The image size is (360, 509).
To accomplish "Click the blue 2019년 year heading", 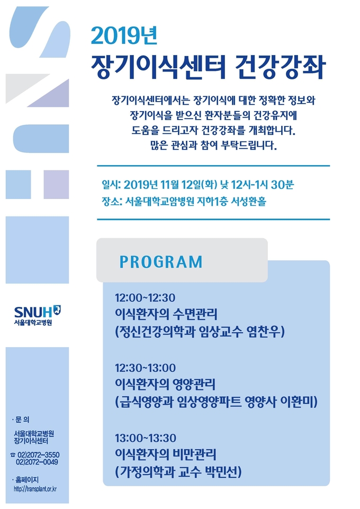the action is click(124, 35).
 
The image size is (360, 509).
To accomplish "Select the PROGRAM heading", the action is click(161, 261).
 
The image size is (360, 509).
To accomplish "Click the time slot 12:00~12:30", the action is click(145, 297).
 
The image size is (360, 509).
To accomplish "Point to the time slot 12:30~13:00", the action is click(145, 368).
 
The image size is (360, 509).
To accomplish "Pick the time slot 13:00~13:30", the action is click(146, 438).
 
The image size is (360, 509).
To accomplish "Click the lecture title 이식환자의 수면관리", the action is click(166, 314).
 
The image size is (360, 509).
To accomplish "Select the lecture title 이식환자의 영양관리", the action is click(165, 384).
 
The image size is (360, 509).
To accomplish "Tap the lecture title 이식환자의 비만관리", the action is click(166, 455).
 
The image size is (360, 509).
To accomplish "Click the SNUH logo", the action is click(38, 315).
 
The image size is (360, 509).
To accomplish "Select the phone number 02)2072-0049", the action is click(37, 462).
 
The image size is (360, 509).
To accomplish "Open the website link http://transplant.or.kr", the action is click(35, 489).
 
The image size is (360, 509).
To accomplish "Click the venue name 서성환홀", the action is click(248, 201).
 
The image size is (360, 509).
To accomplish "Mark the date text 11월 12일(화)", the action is click(189, 185).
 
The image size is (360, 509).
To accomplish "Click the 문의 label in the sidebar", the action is click(22, 420).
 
